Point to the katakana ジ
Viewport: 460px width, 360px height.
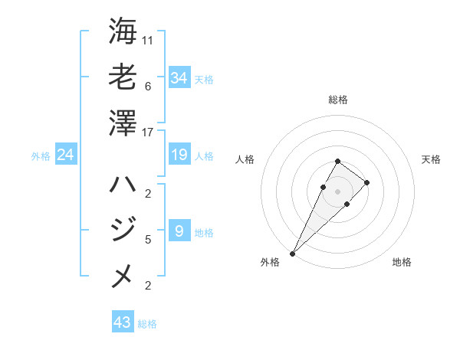pos(123,228)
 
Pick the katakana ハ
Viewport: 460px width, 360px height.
pos(123,184)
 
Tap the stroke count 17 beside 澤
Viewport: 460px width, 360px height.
pos(148,133)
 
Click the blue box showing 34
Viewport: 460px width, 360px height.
pos(179,78)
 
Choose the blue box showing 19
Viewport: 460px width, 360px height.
pos(179,155)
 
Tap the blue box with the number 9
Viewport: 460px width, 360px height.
pos(179,231)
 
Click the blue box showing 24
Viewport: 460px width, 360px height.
pos(66,155)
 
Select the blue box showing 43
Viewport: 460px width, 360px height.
pos(123,322)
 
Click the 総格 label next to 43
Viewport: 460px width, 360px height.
pos(148,324)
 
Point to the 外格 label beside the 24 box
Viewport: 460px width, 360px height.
pos(41,156)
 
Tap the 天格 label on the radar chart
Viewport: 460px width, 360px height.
pos(431,159)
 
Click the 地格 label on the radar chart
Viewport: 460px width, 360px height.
pos(402,262)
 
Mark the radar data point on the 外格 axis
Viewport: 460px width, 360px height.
pos(292,253)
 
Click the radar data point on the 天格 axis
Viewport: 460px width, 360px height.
pos(367,182)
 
